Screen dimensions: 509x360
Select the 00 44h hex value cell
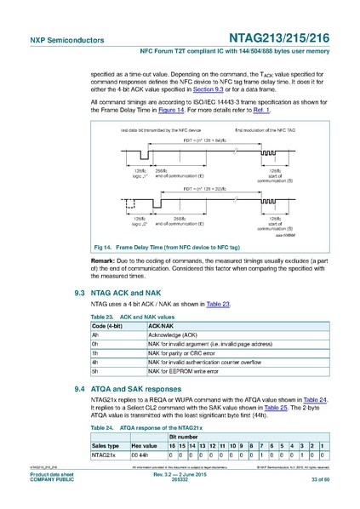[141, 455]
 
